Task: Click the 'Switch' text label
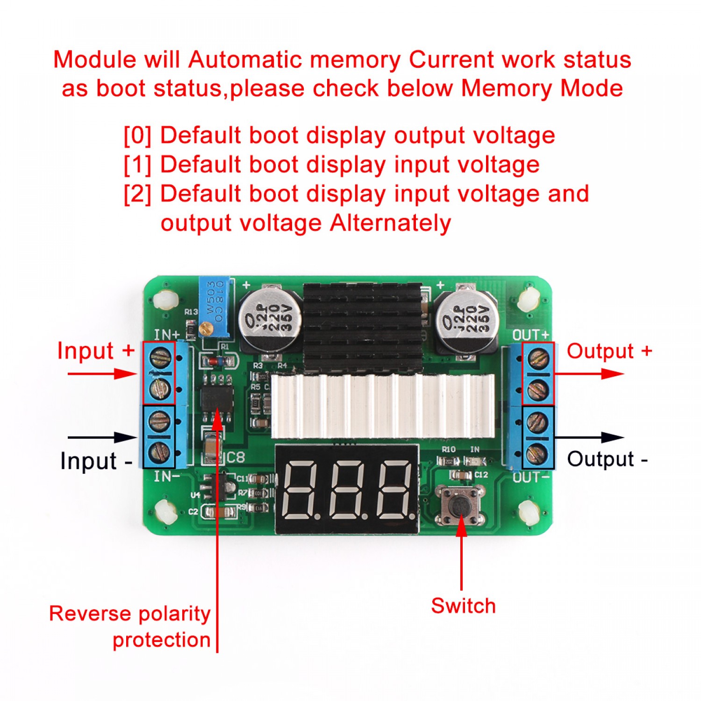tap(463, 606)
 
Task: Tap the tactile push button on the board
tap(460, 506)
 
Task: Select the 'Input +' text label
tap(96, 351)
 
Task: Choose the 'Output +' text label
tap(609, 351)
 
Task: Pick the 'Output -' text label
tap(607, 459)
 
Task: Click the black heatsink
tap(363, 327)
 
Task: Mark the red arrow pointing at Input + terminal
tap(103, 374)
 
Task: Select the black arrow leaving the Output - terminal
tap(589, 438)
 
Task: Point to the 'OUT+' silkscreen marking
tap(530, 335)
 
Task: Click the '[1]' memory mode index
tap(137, 165)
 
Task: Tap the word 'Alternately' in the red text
tap(390, 223)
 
